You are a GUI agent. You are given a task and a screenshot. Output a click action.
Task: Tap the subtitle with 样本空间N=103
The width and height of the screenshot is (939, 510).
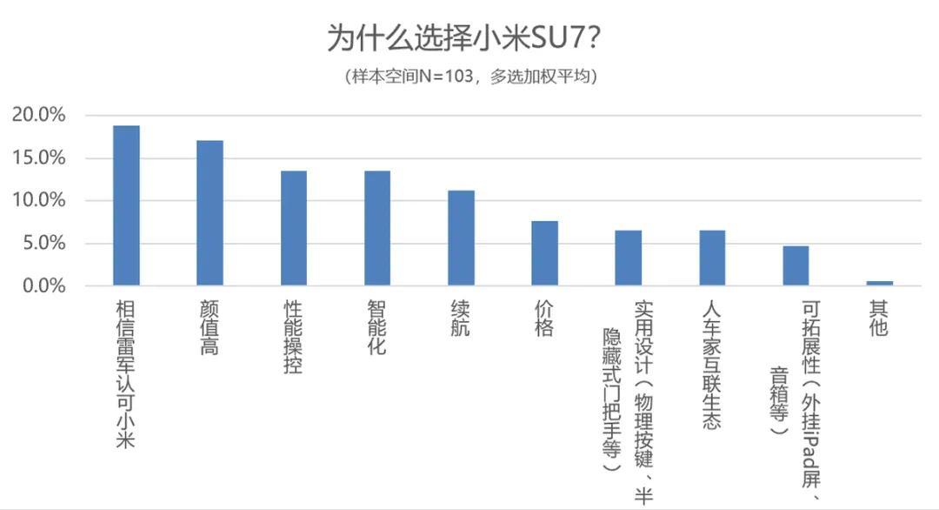pyautogui.click(x=470, y=77)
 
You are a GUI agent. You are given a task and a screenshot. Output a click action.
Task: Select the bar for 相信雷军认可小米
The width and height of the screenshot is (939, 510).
pyautogui.click(x=126, y=205)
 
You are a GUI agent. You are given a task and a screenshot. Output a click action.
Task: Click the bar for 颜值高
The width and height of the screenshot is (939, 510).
pyautogui.click(x=210, y=213)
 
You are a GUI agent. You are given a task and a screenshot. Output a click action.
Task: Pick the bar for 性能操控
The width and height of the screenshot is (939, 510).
pyautogui.click(x=294, y=228)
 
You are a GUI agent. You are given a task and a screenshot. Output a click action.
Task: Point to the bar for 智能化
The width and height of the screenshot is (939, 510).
pyautogui.click(x=377, y=228)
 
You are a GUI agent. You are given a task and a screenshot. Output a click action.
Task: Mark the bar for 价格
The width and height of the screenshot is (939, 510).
pyautogui.click(x=545, y=253)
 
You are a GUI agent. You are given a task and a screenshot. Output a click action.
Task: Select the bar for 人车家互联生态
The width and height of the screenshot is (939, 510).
pyautogui.click(x=712, y=258)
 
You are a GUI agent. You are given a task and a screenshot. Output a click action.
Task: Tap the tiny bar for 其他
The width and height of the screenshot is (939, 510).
pyautogui.click(x=879, y=283)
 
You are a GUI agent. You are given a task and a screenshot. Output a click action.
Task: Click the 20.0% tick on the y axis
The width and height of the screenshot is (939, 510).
pyautogui.click(x=39, y=116)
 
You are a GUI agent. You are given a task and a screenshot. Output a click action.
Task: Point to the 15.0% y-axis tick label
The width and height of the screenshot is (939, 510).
pyautogui.click(x=39, y=158)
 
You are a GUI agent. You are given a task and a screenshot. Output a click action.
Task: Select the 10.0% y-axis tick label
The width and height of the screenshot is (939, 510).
pyautogui.click(x=39, y=201)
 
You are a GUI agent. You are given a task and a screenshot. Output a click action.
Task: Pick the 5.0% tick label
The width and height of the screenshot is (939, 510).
pyautogui.click(x=43, y=244)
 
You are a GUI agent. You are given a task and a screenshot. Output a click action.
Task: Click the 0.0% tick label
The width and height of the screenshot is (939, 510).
pyautogui.click(x=43, y=286)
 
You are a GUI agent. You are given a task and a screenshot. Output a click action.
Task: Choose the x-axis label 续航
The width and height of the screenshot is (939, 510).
pyautogui.click(x=461, y=319)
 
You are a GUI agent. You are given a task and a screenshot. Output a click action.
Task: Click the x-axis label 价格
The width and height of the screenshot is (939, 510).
pyautogui.click(x=545, y=319)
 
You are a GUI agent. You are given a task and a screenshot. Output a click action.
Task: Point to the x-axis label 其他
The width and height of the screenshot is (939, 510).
pyautogui.click(x=879, y=319)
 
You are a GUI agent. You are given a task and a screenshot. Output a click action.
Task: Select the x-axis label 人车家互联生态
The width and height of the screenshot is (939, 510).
pyautogui.click(x=712, y=365)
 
